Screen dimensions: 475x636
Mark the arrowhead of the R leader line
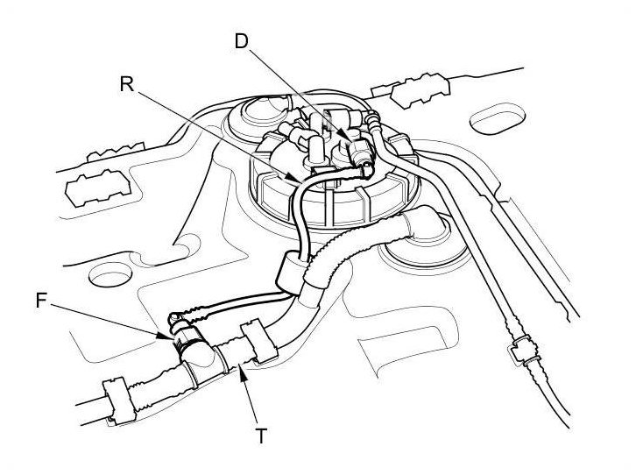302,183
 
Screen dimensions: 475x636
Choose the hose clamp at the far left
117,399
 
